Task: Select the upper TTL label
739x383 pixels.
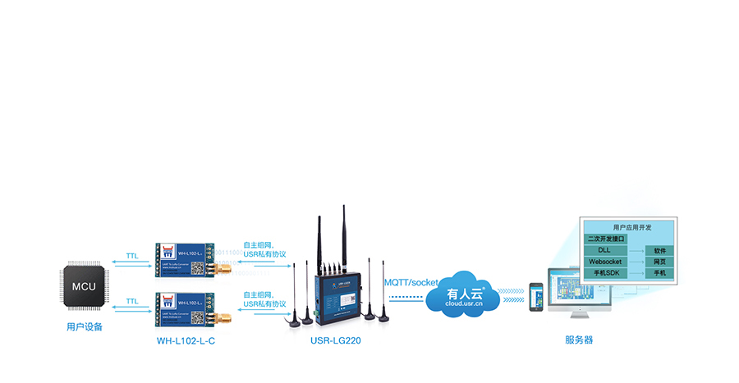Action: click(x=131, y=255)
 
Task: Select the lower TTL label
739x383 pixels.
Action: click(x=131, y=301)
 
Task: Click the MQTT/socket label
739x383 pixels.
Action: click(x=411, y=282)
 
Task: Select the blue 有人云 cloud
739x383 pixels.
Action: click(x=461, y=294)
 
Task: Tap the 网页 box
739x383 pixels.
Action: click(x=659, y=261)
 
